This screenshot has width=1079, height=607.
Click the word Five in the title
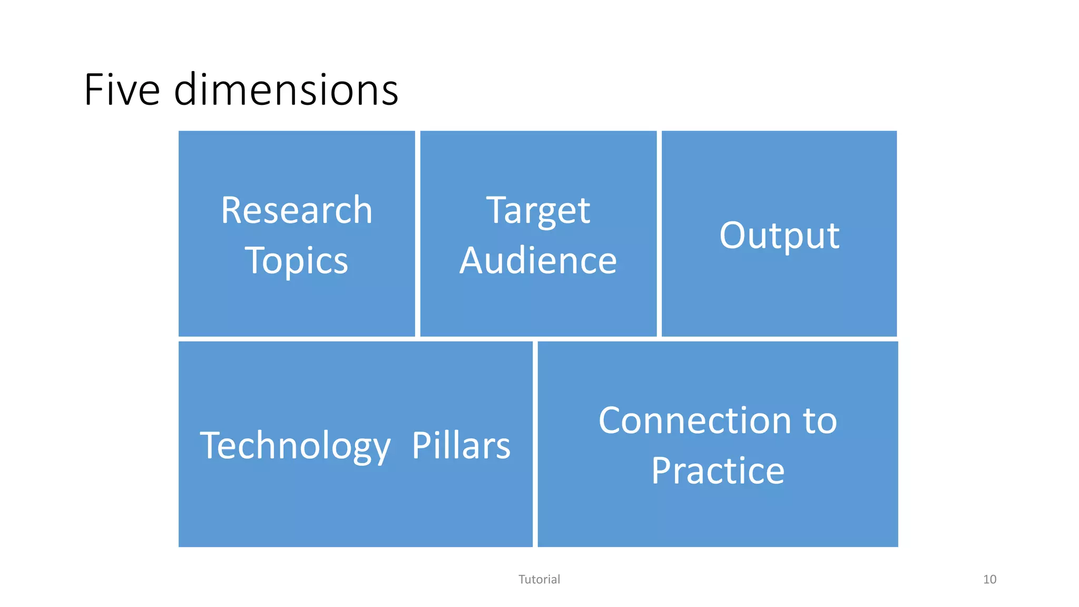pyautogui.click(x=122, y=90)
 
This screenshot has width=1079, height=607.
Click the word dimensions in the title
pyautogui.click(x=286, y=90)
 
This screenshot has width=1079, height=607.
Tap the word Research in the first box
pyautogui.click(x=297, y=210)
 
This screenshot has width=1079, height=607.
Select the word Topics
pyautogui.click(x=297, y=261)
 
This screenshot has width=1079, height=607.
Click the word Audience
pyautogui.click(x=538, y=261)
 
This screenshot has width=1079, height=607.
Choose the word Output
pyautogui.click(x=779, y=236)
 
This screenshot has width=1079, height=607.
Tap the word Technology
pyautogui.click(x=295, y=446)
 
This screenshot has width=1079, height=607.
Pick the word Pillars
pyautogui.click(x=461, y=446)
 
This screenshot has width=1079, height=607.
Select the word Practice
pyautogui.click(x=718, y=471)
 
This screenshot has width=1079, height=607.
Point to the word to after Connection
pyautogui.click(x=820, y=421)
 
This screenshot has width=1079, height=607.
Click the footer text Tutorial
pyautogui.click(x=539, y=580)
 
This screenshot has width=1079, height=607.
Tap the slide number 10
pyautogui.click(x=989, y=580)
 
